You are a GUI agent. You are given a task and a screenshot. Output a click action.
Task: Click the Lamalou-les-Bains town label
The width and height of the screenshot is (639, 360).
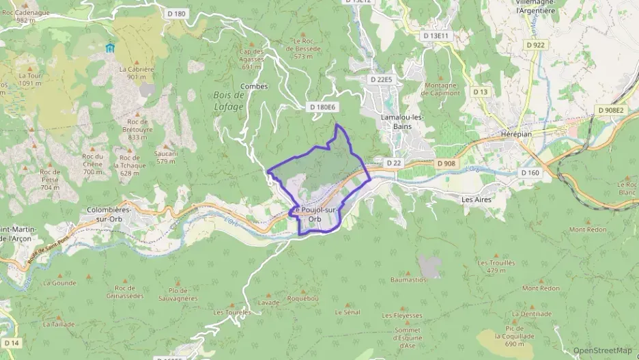click(401, 121)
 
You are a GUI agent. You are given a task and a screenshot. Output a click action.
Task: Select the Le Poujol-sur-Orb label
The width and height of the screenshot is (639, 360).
click(315, 214)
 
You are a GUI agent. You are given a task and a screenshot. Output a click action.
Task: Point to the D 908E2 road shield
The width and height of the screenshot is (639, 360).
click(610, 109)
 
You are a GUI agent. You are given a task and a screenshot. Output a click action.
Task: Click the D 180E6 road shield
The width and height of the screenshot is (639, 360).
click(323, 107)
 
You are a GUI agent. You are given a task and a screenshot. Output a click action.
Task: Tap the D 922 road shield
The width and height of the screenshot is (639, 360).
click(536, 44)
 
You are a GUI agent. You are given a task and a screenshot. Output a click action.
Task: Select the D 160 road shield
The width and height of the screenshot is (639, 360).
click(530, 173)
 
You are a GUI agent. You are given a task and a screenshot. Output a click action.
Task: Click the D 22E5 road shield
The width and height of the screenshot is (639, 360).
click(381, 79)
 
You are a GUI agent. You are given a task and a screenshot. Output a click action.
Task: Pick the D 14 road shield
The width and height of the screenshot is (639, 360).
click(12, 342)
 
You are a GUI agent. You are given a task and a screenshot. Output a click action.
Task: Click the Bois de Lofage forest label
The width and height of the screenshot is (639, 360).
click(228, 102)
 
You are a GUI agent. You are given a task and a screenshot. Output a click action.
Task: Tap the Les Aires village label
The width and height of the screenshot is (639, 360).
click(477, 199)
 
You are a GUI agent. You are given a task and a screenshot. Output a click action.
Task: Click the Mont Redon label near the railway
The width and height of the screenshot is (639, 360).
click(587, 230)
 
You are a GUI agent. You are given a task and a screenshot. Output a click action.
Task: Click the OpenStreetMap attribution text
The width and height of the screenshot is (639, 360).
click(603, 350)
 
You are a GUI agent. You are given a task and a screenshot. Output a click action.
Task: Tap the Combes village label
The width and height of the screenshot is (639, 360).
click(254, 87)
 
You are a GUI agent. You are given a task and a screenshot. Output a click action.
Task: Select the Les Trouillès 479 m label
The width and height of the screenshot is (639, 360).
click(496, 266)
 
